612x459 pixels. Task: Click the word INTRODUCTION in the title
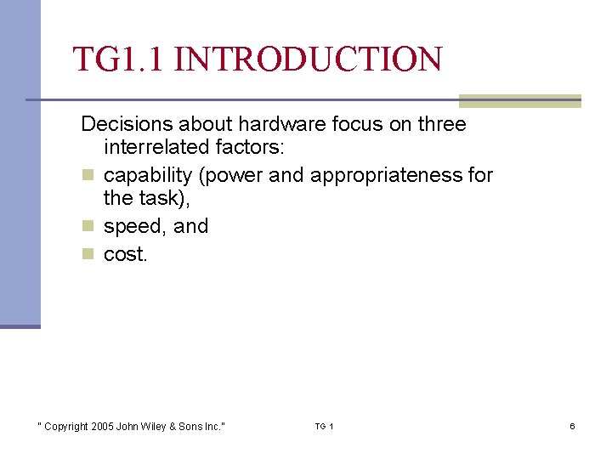tap(312, 59)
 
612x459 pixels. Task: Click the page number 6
tap(572, 426)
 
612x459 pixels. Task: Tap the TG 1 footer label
tap(324, 426)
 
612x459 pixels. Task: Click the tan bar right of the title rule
tap(519, 101)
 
